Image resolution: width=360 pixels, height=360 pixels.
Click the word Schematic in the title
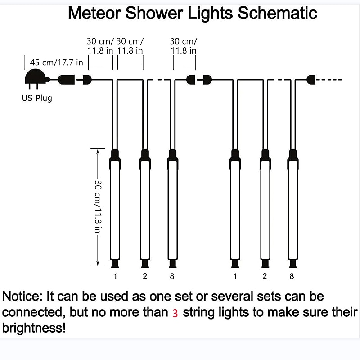coord(277,13)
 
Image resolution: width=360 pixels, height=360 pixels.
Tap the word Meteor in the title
coord(94,13)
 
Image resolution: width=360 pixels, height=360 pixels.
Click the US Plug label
coord(37,98)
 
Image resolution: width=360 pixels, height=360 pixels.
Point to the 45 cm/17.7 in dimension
coord(57,62)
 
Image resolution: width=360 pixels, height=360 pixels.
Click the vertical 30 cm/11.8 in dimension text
coord(98,207)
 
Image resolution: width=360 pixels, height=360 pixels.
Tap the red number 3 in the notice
coord(175,313)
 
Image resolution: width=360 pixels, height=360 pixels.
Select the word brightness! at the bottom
coord(34,328)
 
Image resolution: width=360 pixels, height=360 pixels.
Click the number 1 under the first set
coord(115,276)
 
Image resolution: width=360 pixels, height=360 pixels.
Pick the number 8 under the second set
coord(292,276)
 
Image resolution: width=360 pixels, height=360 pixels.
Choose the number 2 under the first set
coord(145,276)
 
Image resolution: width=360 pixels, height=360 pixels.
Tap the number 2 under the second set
coord(265,276)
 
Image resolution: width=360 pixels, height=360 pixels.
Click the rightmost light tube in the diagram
coord(293,208)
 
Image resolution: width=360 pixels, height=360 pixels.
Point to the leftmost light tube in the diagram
coord(115,208)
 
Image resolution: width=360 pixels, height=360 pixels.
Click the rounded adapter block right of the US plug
coord(66,80)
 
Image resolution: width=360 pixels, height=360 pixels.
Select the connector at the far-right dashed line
coord(311,80)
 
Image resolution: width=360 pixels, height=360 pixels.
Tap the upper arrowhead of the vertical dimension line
coord(98,152)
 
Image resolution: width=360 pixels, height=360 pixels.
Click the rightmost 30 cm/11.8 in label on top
coord(184,46)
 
